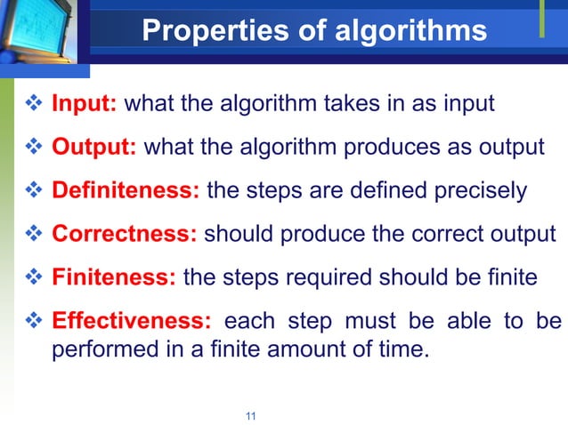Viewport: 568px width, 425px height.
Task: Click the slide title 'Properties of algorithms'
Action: [314, 32]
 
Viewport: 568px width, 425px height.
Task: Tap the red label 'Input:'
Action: [85, 104]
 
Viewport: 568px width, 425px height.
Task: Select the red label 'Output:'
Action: [93, 147]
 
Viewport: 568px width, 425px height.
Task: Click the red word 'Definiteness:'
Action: [126, 190]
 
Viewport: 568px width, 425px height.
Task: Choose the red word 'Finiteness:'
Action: [115, 277]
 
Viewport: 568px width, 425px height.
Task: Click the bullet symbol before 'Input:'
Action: [28, 104]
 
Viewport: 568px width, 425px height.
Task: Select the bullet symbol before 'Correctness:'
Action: [28, 234]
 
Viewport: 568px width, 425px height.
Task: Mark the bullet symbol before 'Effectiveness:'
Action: [28, 321]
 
